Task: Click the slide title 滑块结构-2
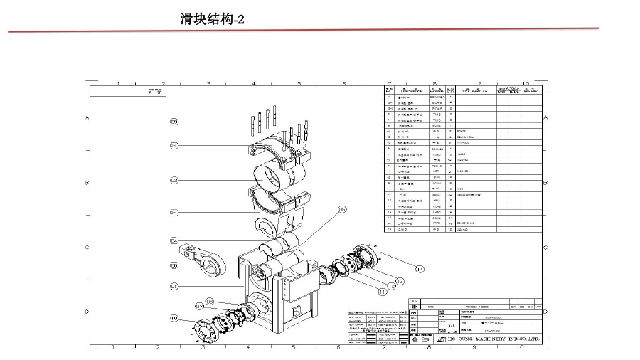coord(212,20)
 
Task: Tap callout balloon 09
coord(174,122)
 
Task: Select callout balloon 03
coord(174,181)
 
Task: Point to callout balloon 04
coord(174,240)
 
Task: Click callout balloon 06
coord(174,265)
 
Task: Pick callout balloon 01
coord(174,286)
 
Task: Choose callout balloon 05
coord(341,209)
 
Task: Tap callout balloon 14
coord(420,269)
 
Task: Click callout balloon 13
coord(400,281)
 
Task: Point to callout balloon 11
coord(382,291)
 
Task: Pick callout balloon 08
coord(210,302)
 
